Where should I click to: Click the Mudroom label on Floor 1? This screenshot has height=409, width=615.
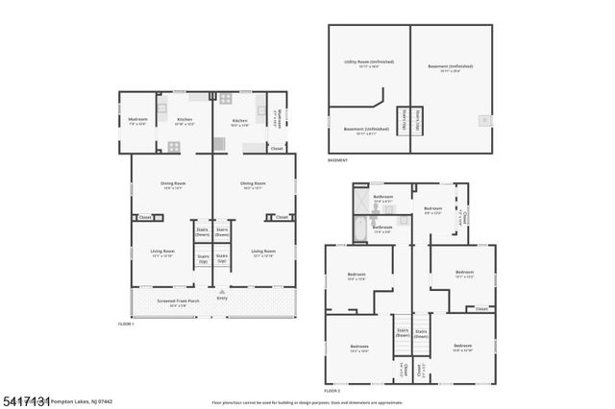[136, 121]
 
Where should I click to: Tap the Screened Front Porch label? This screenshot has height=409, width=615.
[179, 301]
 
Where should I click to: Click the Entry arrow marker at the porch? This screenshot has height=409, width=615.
[222, 291]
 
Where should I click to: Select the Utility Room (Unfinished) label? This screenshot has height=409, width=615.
[368, 64]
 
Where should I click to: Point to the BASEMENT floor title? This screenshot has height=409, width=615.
[338, 160]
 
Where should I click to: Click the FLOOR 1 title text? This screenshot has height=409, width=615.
[127, 324]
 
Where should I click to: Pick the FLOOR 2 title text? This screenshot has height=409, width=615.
[332, 391]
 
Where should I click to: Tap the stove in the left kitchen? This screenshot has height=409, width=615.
[174, 146]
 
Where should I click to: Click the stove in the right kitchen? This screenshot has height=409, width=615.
[226, 98]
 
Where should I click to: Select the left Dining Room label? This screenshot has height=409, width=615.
[173, 184]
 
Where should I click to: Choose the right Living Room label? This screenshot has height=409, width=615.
[262, 253]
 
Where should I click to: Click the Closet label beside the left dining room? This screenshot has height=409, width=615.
[145, 218]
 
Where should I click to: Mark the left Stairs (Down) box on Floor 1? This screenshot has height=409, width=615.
[203, 231]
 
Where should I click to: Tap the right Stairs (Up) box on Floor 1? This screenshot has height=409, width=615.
[222, 257]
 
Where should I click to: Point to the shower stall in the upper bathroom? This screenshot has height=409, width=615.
[360, 203]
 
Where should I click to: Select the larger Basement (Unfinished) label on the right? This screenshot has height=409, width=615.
[451, 68]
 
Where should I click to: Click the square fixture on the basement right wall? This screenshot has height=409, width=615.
[483, 120]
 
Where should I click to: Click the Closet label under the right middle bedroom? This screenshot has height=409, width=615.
[481, 309]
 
